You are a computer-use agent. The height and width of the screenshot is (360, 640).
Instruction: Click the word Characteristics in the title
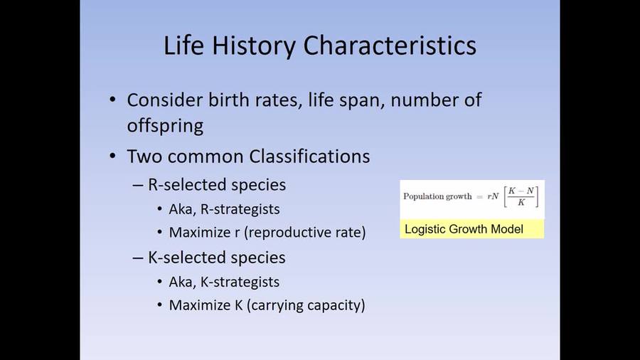[x=390, y=46]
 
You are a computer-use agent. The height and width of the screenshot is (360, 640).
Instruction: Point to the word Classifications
[x=308, y=156]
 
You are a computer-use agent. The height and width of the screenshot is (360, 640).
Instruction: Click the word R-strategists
[x=238, y=209]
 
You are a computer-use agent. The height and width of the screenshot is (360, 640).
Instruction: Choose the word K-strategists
[x=238, y=282]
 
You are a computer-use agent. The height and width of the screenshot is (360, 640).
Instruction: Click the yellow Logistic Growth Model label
[x=464, y=229]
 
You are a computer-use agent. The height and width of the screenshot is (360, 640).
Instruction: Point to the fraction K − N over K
[x=521, y=197]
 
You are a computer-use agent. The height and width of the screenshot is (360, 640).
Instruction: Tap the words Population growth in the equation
[x=437, y=197]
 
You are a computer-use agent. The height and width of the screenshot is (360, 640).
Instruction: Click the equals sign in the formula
[x=480, y=197]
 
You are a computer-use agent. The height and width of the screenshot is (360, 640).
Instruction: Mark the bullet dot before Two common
[x=114, y=156]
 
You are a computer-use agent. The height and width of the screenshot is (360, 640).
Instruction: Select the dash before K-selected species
[x=138, y=258]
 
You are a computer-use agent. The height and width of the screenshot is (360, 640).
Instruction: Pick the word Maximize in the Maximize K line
[x=196, y=305]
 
